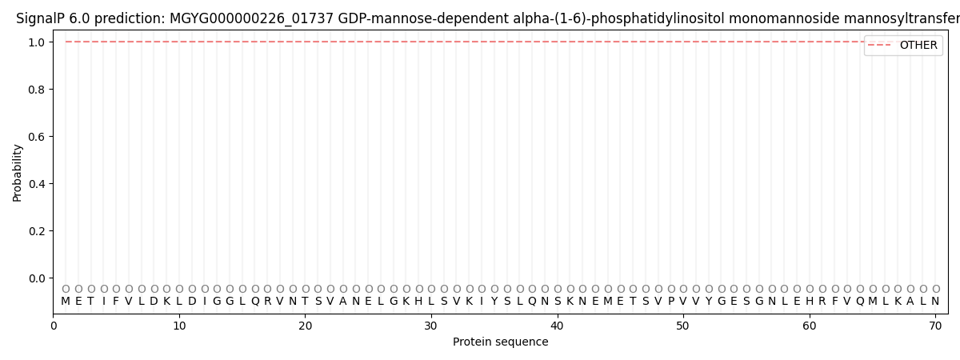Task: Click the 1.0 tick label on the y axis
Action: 37,42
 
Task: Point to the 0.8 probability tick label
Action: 37,89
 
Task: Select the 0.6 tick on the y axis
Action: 37,136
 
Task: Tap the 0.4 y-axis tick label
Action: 37,184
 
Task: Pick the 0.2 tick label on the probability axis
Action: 37,231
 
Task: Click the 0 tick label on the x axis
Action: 53,326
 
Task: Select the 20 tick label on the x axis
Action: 305,326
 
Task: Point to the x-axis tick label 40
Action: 557,326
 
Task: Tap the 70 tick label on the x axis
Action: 935,326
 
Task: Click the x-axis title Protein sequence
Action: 501,342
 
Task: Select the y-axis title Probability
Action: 17,173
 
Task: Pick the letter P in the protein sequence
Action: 671,302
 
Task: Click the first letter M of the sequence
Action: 66,302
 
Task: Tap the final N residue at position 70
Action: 935,302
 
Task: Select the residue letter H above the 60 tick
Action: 810,302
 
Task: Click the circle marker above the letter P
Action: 671,289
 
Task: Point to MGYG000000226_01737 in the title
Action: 251,19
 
